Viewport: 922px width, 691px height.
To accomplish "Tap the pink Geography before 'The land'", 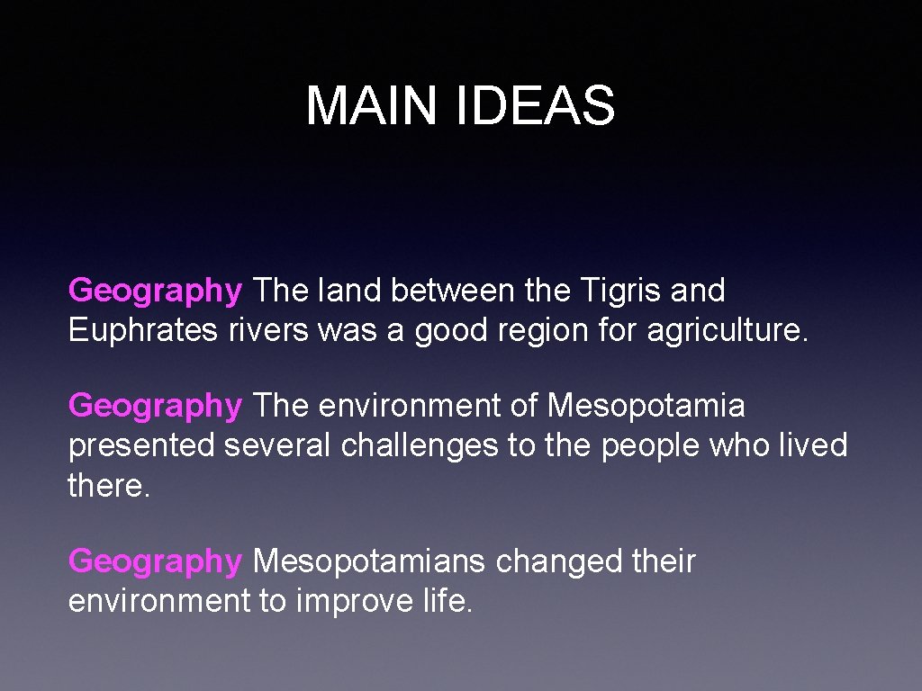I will point(155,292).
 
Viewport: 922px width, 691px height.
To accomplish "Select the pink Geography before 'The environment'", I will point(155,407).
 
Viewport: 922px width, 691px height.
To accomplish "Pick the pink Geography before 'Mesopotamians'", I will point(155,562).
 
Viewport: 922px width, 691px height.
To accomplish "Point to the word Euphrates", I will point(143,330).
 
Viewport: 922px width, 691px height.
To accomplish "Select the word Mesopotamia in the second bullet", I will point(646,407).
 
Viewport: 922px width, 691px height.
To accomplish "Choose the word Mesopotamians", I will point(369,562).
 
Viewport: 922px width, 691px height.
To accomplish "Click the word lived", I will point(809,445).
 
